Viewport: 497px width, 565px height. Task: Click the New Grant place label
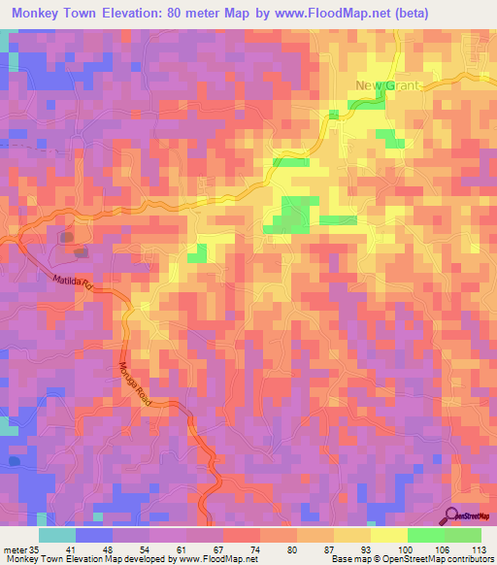click(x=387, y=85)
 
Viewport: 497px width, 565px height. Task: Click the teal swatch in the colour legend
click(x=57, y=535)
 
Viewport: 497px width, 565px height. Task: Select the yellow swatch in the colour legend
click(x=389, y=535)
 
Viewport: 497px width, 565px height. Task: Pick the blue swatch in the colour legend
click(x=94, y=535)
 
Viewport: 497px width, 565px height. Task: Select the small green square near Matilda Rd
click(x=198, y=253)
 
